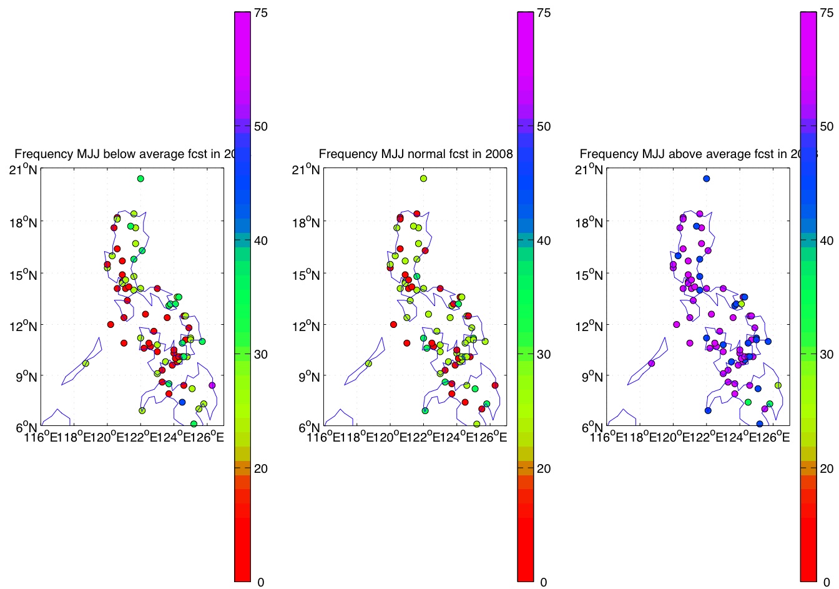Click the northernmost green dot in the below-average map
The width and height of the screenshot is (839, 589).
[x=140, y=179]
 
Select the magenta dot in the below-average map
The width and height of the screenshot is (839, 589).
[x=212, y=385]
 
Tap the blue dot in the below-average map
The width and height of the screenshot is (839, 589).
[x=182, y=402]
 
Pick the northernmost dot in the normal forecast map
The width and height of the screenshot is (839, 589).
[x=423, y=179]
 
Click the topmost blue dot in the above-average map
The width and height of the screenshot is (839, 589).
[x=707, y=179]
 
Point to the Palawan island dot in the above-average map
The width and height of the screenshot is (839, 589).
[x=652, y=364]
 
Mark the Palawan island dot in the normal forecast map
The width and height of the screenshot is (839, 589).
[x=368, y=364]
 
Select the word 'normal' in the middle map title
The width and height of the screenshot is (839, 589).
[x=424, y=154]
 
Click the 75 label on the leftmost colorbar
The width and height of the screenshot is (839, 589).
[x=261, y=12]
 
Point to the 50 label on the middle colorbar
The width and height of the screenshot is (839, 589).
[x=544, y=126]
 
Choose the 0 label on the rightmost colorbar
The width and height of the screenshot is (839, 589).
[x=826, y=582]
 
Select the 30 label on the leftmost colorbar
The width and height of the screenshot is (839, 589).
[x=261, y=354]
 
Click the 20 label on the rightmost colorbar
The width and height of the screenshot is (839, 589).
[x=827, y=468]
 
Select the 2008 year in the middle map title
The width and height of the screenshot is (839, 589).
[x=501, y=154]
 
